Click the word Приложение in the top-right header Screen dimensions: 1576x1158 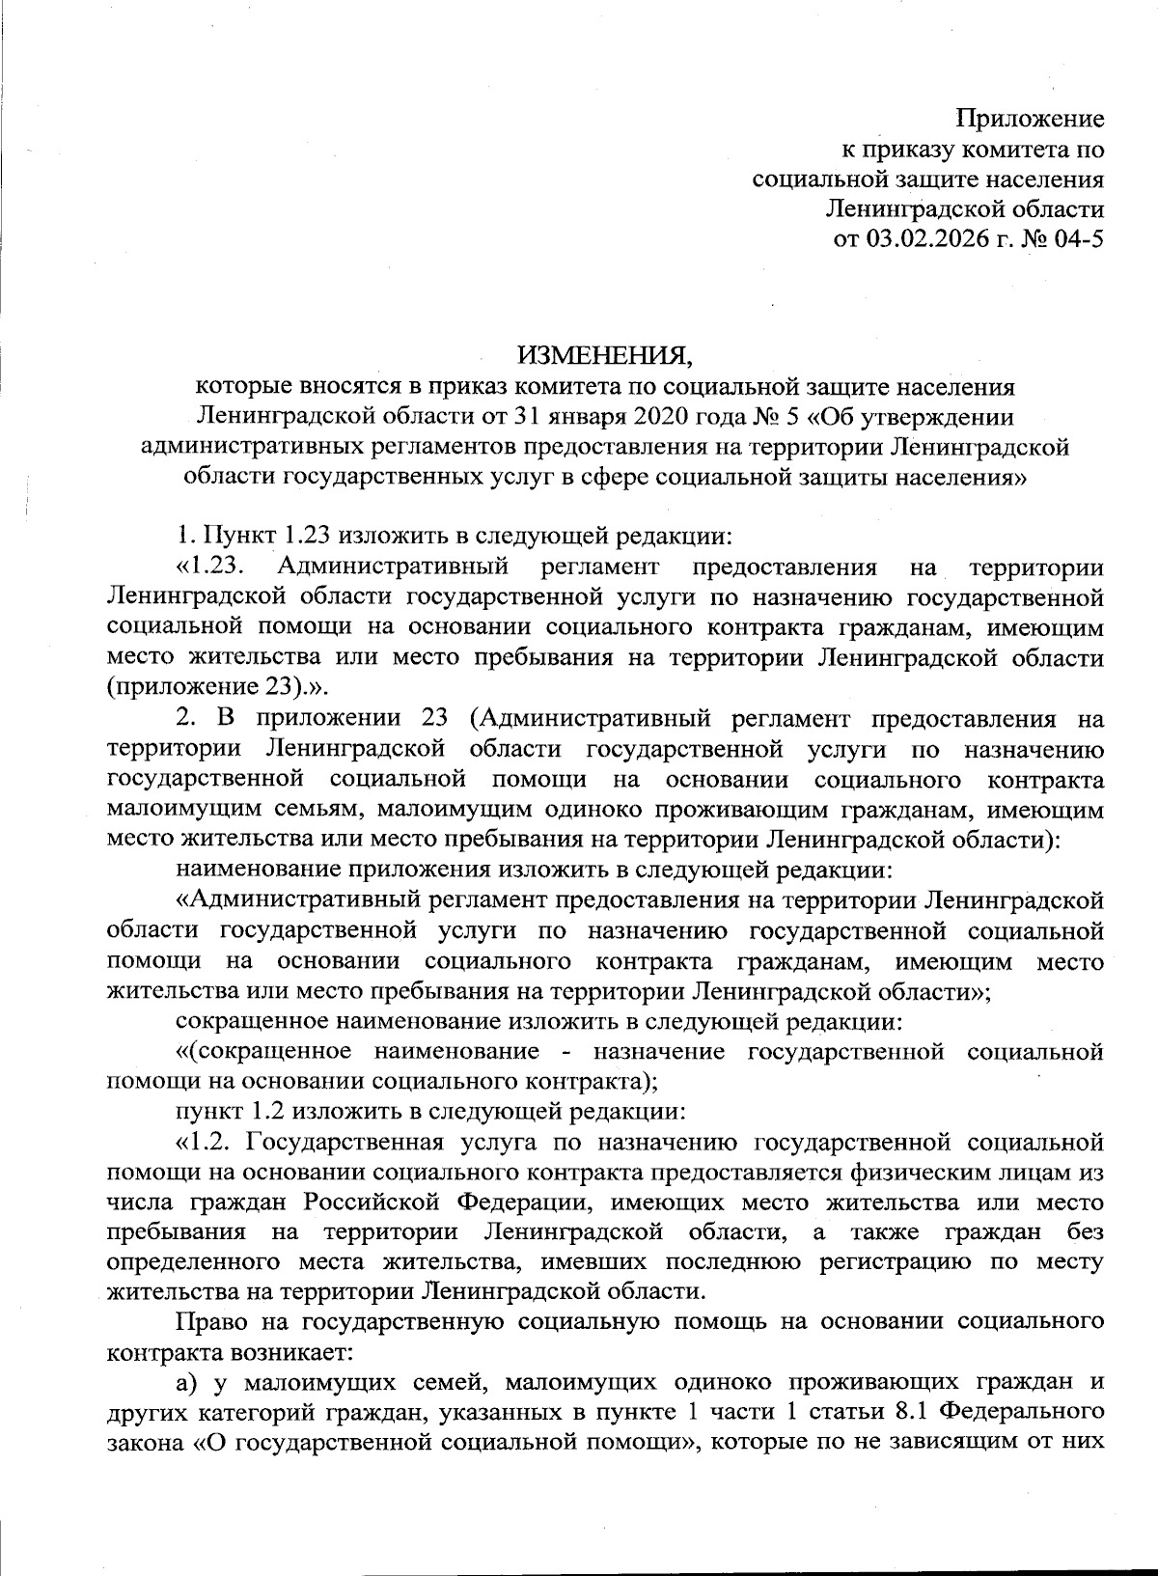tap(1029, 121)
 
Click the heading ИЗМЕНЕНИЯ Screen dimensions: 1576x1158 tap(604, 355)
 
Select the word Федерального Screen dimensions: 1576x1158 tap(1022, 1414)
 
